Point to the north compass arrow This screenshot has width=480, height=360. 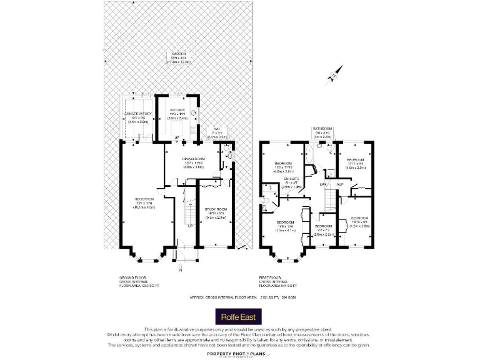(x=334, y=77)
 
